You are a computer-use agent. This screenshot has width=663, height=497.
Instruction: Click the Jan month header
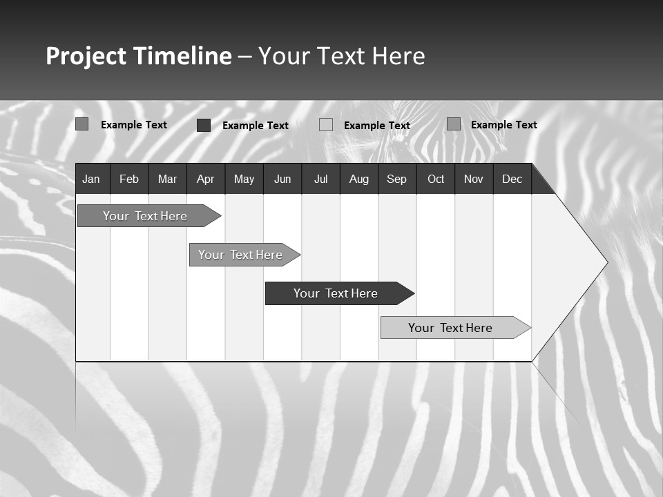coord(91,179)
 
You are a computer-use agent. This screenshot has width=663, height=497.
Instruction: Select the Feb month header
coord(129,179)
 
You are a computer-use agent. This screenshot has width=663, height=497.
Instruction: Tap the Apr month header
coord(205,179)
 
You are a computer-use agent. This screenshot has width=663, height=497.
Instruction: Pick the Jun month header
coord(282,179)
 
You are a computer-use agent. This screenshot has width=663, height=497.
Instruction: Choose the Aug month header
coord(358,179)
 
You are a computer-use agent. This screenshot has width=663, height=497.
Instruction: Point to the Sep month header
coord(396,179)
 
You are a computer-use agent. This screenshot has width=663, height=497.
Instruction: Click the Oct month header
coord(436,179)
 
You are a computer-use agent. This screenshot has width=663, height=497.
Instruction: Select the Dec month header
coord(512,179)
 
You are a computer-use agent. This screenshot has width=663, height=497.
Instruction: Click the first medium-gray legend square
coord(81,124)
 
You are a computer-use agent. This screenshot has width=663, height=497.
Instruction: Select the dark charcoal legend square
coord(203,125)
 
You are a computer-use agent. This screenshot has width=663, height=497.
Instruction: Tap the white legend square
coord(326,125)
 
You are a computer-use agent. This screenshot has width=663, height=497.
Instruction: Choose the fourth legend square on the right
coord(453,124)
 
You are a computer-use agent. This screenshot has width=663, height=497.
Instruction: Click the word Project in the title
coord(86,56)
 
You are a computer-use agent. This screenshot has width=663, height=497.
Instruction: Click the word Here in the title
coord(398,56)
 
